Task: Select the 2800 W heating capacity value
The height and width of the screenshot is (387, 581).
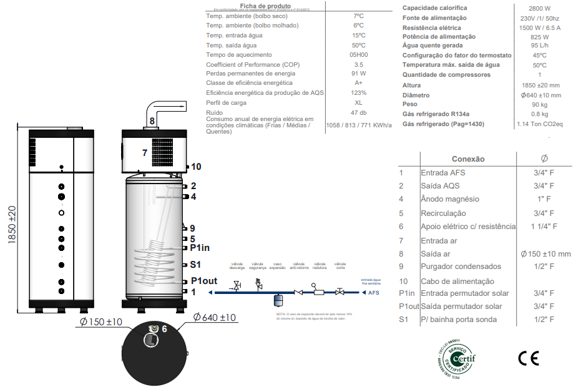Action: point(540,8)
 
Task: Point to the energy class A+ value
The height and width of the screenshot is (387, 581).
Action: point(358,83)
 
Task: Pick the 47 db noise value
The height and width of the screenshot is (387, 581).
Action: point(358,112)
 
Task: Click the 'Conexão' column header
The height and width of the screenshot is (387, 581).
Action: point(467,159)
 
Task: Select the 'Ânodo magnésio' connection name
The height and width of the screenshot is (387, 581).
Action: point(450,199)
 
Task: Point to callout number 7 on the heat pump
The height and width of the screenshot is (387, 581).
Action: point(144,152)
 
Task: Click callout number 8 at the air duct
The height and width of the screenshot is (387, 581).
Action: point(152,120)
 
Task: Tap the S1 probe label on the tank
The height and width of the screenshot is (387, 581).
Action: point(195,264)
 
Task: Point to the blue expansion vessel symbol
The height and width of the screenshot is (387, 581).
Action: point(278,298)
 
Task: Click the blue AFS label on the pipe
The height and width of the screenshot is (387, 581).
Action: point(373,291)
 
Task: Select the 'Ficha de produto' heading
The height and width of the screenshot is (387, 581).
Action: point(257,5)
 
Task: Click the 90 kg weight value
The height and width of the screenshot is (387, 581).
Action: point(540,104)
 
